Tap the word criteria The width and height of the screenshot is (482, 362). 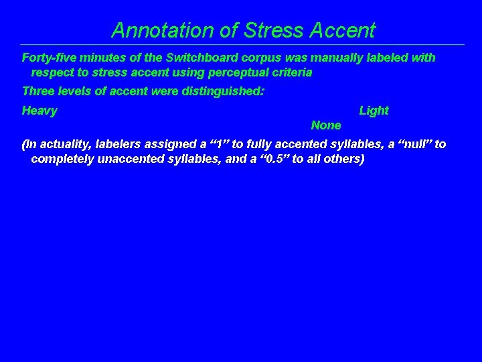(291, 72)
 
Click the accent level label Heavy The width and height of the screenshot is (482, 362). (39, 111)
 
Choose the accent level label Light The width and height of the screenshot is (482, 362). (374, 111)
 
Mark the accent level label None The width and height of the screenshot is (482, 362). (326, 125)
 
